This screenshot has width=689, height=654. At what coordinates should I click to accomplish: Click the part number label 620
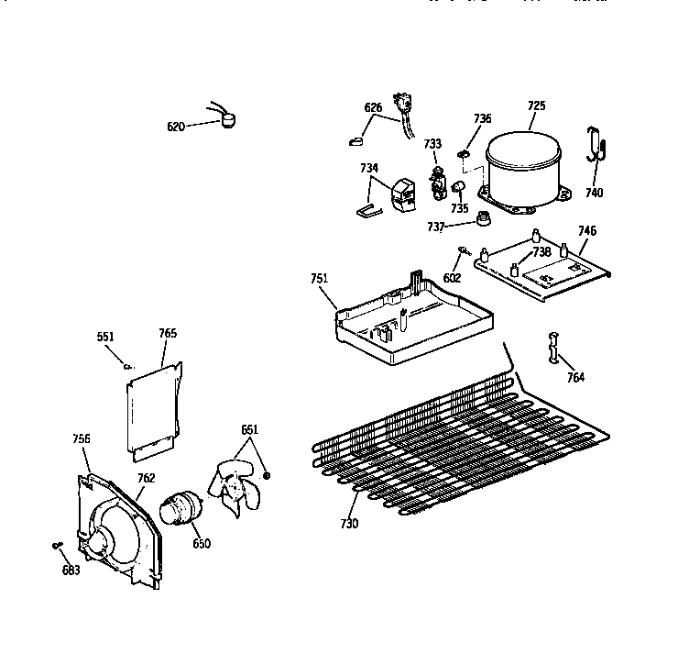point(176,127)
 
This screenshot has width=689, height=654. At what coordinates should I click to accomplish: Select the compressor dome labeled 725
point(523,169)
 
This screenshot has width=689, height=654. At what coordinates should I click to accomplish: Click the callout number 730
point(348,524)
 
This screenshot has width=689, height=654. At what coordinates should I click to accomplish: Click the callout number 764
point(575,377)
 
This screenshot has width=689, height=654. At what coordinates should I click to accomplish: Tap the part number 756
point(82,439)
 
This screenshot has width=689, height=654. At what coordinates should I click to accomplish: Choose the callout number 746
point(586,231)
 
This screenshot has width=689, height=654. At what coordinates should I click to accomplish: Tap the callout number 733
point(432,144)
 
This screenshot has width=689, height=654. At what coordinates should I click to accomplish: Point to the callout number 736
point(482,118)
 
